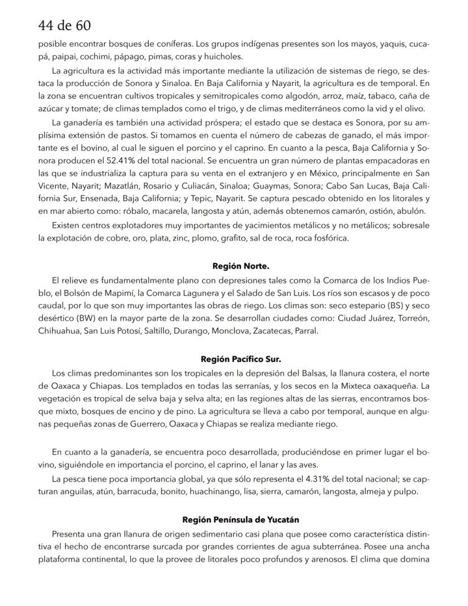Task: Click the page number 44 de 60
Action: pos(64,25)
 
